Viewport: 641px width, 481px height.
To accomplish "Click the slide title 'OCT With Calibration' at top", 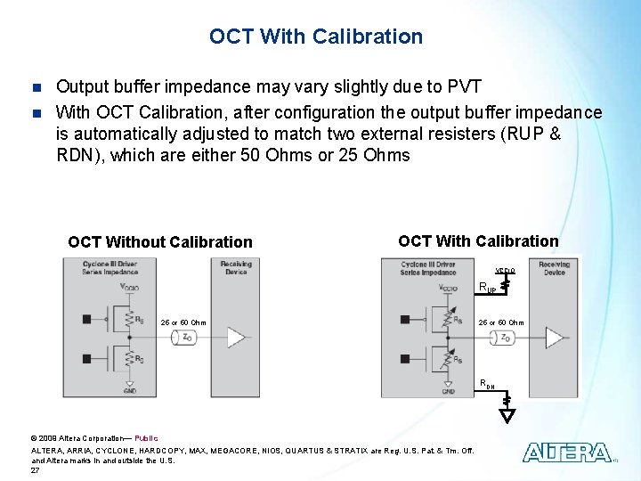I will tap(316, 37).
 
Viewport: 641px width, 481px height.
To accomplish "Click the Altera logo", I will tap(566, 452).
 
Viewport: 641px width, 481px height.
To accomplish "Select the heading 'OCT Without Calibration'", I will tap(160, 242).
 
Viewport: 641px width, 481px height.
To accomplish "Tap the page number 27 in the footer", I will tap(35, 469).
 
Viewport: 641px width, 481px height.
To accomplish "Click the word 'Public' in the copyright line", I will tap(146, 438).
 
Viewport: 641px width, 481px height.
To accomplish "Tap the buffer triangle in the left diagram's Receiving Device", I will tap(236, 337).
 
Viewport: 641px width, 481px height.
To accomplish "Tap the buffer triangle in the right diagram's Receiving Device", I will tap(554, 338).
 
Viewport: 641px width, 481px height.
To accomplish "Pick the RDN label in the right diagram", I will tap(487, 385).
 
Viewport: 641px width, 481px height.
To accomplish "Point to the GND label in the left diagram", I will tap(130, 391).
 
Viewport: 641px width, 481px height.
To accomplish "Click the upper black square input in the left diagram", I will tap(85, 318).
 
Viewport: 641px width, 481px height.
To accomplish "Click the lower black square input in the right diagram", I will tap(404, 359).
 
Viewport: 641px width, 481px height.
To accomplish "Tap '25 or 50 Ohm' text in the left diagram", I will tap(183, 322).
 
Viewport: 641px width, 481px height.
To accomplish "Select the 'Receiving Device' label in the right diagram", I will tap(554, 268).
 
